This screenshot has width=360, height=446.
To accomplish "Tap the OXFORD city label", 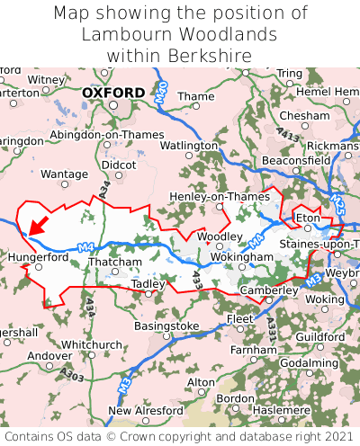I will tap(112, 93).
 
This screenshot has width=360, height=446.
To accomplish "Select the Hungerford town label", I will tap(38, 256).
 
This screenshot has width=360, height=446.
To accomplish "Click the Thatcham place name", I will tap(114, 263).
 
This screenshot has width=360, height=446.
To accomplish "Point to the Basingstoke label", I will tap(166, 326).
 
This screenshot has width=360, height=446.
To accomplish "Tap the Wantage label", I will tap(65, 174).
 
